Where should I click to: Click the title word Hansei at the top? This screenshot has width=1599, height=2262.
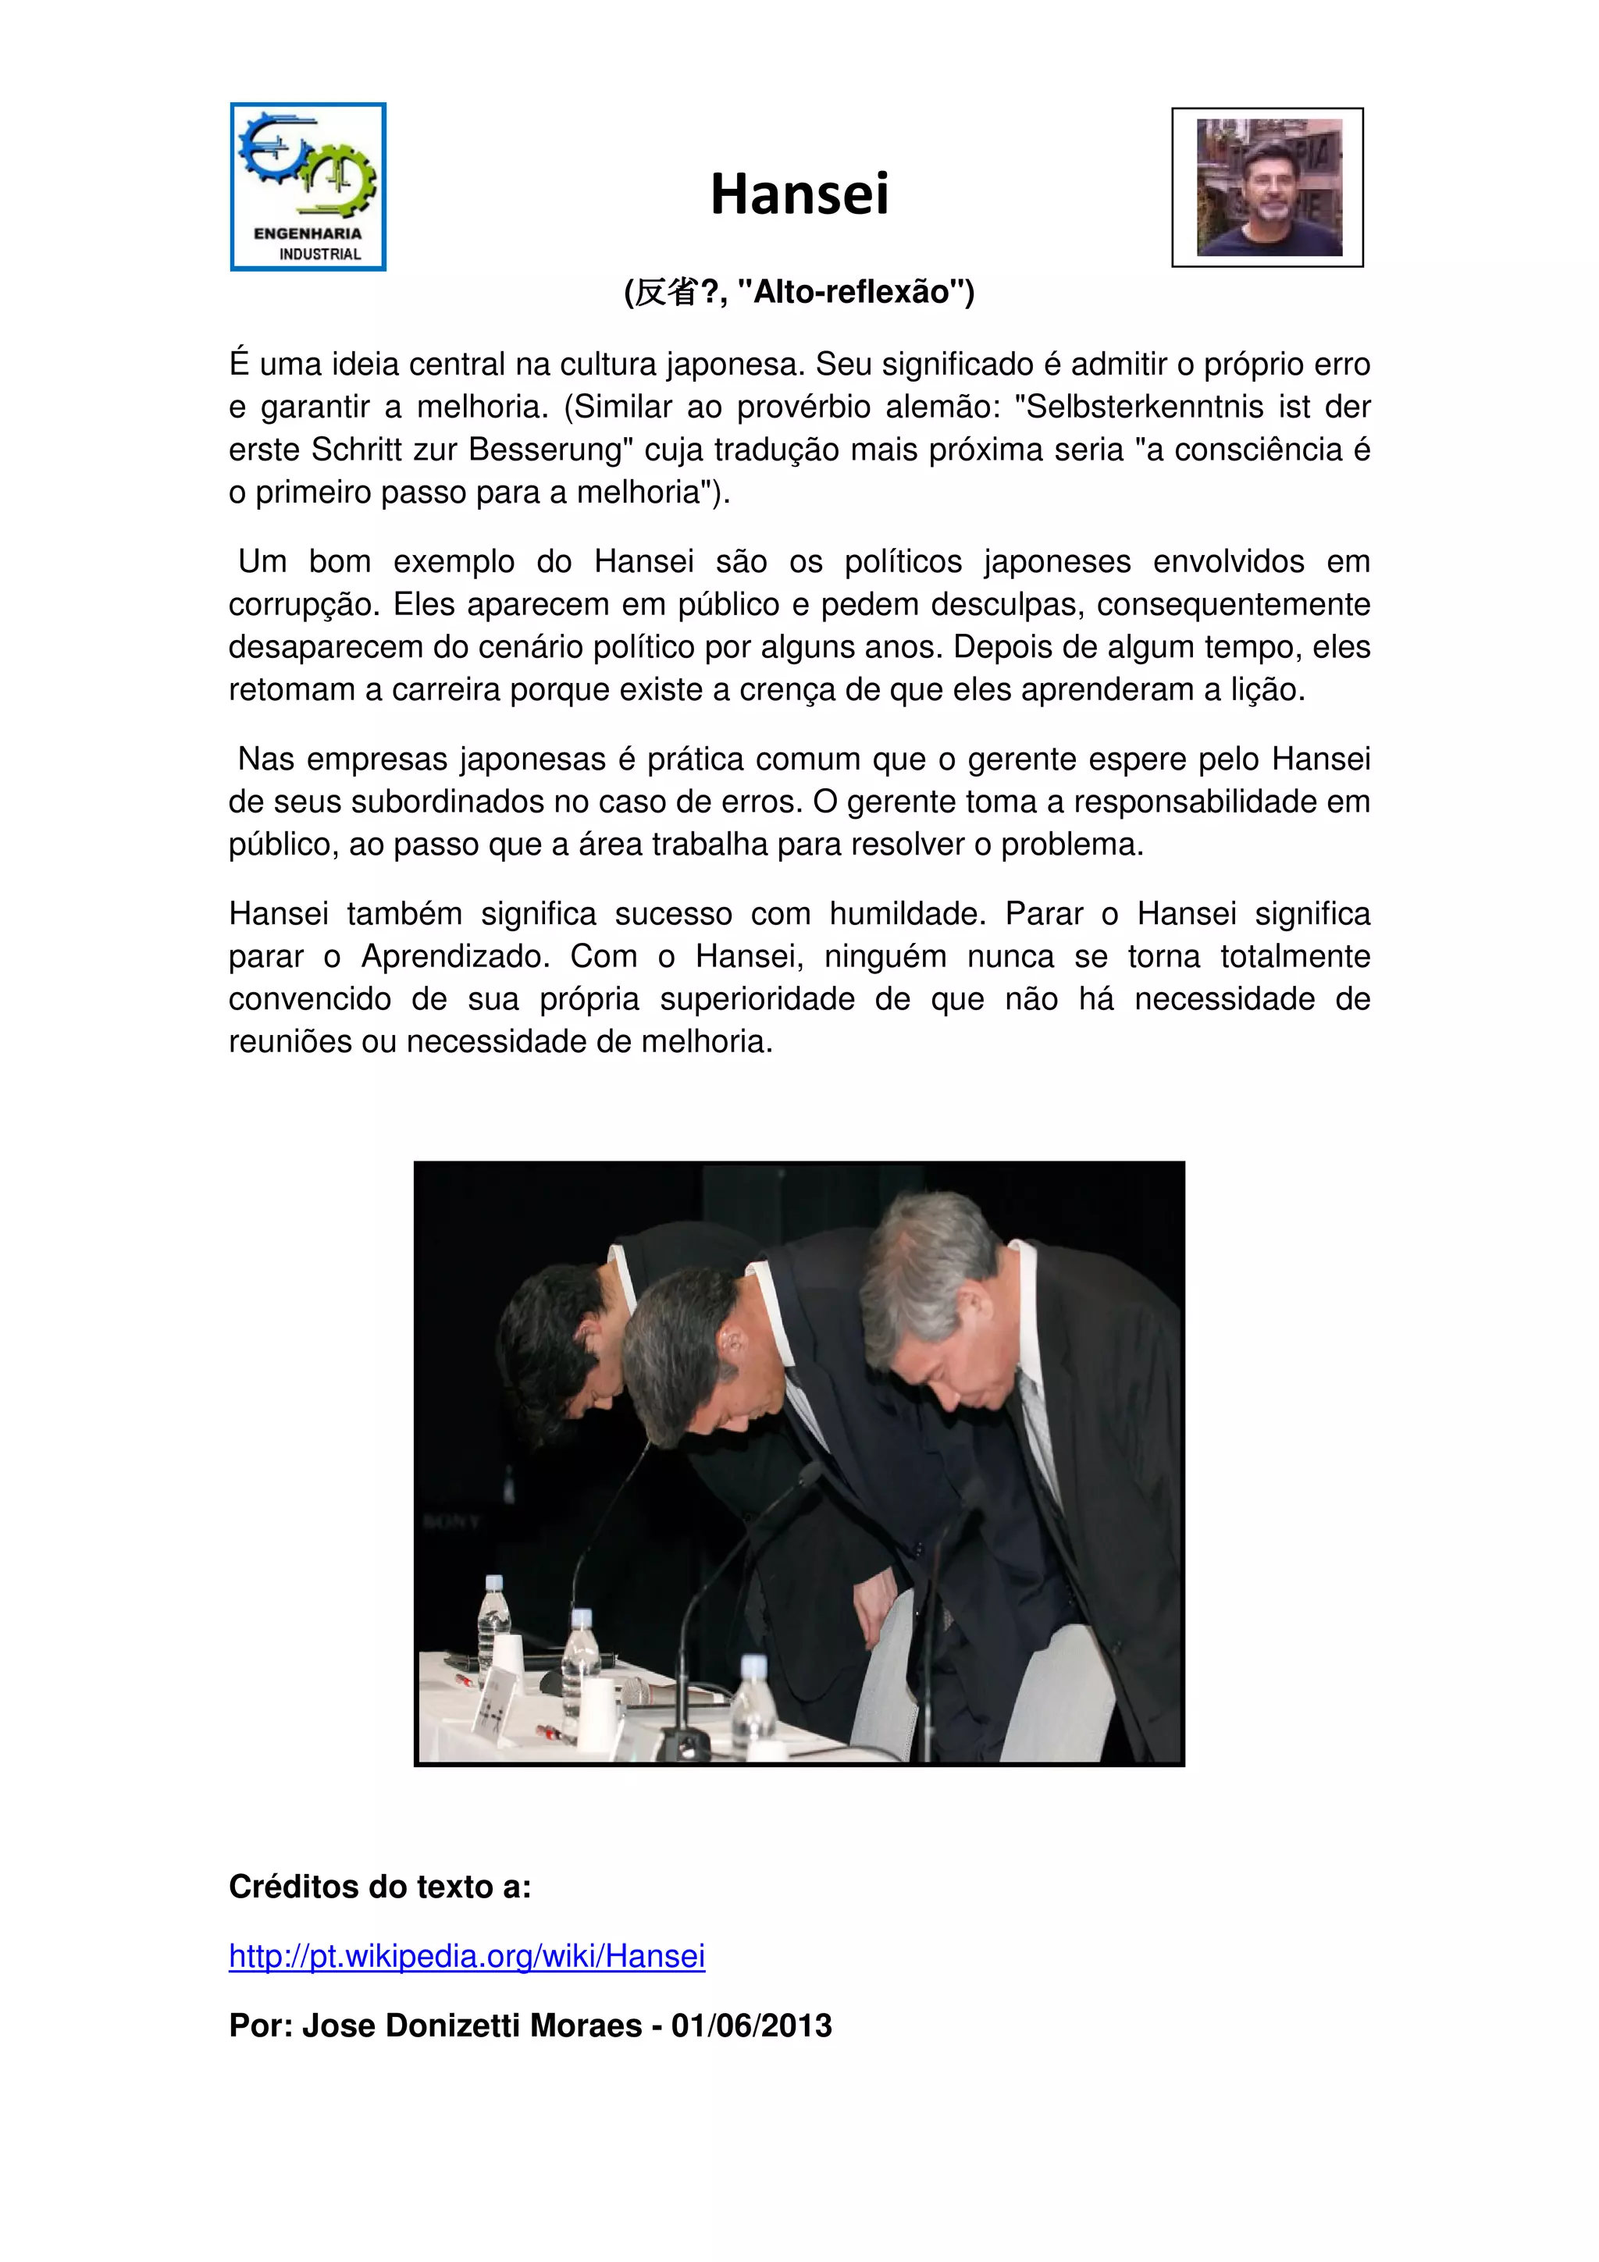[799, 194]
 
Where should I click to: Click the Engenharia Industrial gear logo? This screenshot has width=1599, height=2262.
[308, 187]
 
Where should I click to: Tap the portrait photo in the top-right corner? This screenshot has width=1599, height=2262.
[1268, 187]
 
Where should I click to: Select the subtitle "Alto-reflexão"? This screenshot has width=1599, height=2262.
[855, 293]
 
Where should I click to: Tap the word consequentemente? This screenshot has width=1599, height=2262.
[1234, 605]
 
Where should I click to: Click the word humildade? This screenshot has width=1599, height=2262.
[906, 914]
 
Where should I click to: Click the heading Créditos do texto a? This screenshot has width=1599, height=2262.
[380, 1887]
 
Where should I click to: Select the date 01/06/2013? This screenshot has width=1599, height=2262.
[752, 2025]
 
